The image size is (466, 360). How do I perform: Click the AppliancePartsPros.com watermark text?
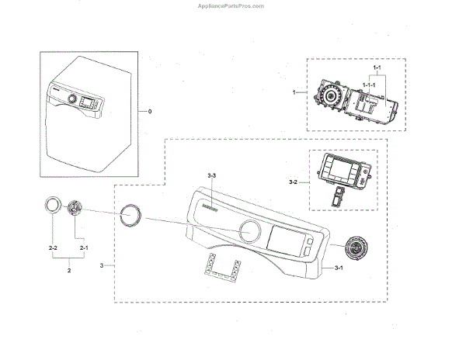[232, 5]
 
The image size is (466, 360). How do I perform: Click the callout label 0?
[149, 112]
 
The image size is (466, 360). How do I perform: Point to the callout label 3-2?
[293, 182]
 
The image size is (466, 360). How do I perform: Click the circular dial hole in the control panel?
[250, 230]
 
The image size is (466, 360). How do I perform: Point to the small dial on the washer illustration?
[72, 100]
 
